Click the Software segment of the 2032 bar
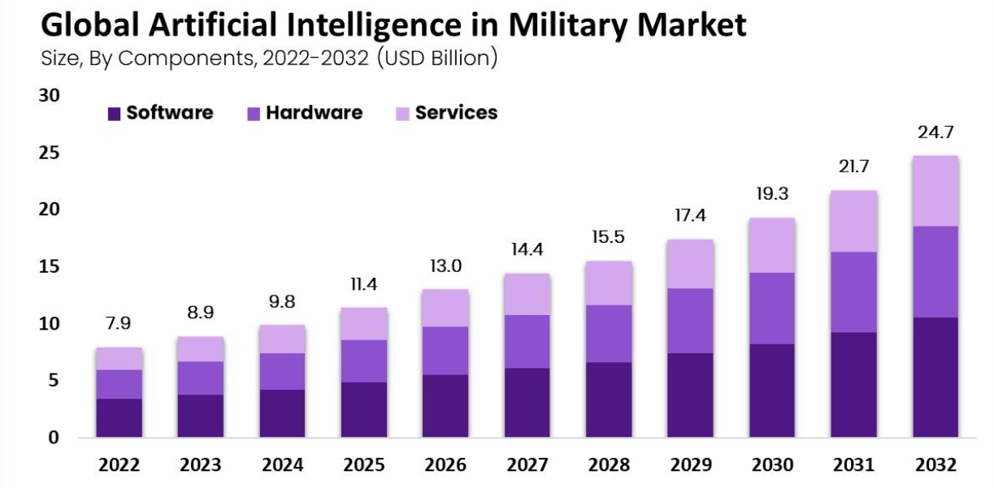[x=935, y=377]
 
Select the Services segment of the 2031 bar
[x=853, y=221]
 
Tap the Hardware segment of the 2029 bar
[x=690, y=321]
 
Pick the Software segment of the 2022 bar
[x=119, y=417]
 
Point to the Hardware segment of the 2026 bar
[x=445, y=350]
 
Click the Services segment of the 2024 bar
[x=282, y=339]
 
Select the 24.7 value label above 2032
[x=935, y=132]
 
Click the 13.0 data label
[x=445, y=266]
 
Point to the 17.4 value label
[x=690, y=217]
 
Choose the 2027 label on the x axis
[x=527, y=465]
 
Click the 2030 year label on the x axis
[x=771, y=465]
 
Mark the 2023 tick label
[x=201, y=465]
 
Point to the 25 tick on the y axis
[x=50, y=153]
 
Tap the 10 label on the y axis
[x=50, y=324]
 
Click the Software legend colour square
[x=114, y=114]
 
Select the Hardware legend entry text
[x=314, y=113]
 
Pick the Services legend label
[x=456, y=113]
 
